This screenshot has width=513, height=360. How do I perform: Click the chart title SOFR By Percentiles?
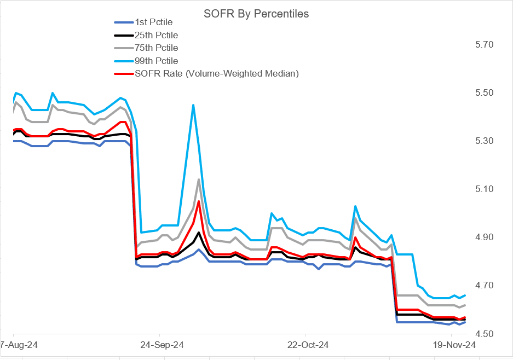tap(257, 14)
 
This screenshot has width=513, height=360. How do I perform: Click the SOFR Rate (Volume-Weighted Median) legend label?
tap(216, 73)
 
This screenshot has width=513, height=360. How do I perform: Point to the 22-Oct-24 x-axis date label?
tap(308, 345)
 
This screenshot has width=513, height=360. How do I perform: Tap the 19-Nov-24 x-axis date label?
tap(454, 345)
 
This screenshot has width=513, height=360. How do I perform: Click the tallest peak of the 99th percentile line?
tap(193, 104)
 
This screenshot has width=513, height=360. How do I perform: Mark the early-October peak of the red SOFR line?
tap(198, 201)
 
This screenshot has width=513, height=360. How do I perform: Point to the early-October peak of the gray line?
tap(198, 179)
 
